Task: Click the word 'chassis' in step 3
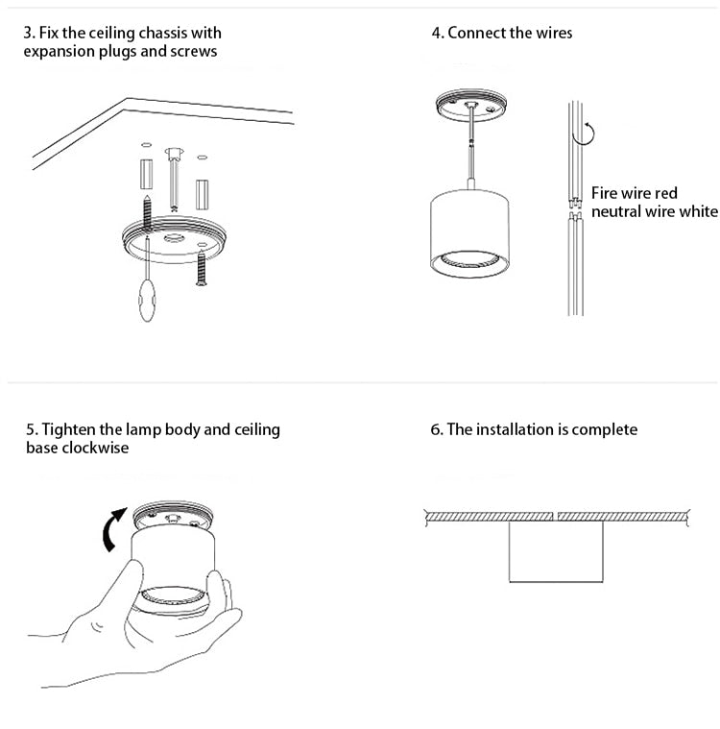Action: [162, 33]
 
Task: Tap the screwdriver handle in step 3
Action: [147, 300]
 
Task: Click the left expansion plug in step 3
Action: [147, 174]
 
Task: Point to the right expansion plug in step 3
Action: [202, 195]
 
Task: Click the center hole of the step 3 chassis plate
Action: [174, 238]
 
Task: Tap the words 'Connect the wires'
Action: [510, 33]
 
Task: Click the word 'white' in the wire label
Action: [699, 211]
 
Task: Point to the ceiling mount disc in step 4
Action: [470, 105]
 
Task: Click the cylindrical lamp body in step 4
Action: [469, 233]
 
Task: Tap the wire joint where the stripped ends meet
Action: [575, 208]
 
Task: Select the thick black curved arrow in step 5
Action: [113, 529]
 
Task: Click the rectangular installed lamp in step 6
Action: [556, 551]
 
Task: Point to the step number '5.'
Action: [33, 429]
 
